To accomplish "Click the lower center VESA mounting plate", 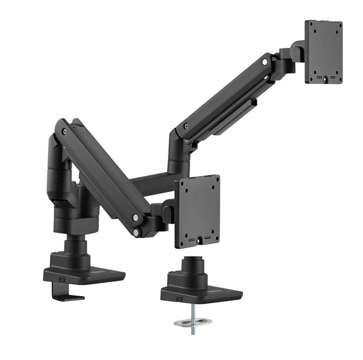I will point(197,210).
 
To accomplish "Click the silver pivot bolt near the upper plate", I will point(264,62).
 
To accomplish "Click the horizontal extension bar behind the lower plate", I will point(152,179).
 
